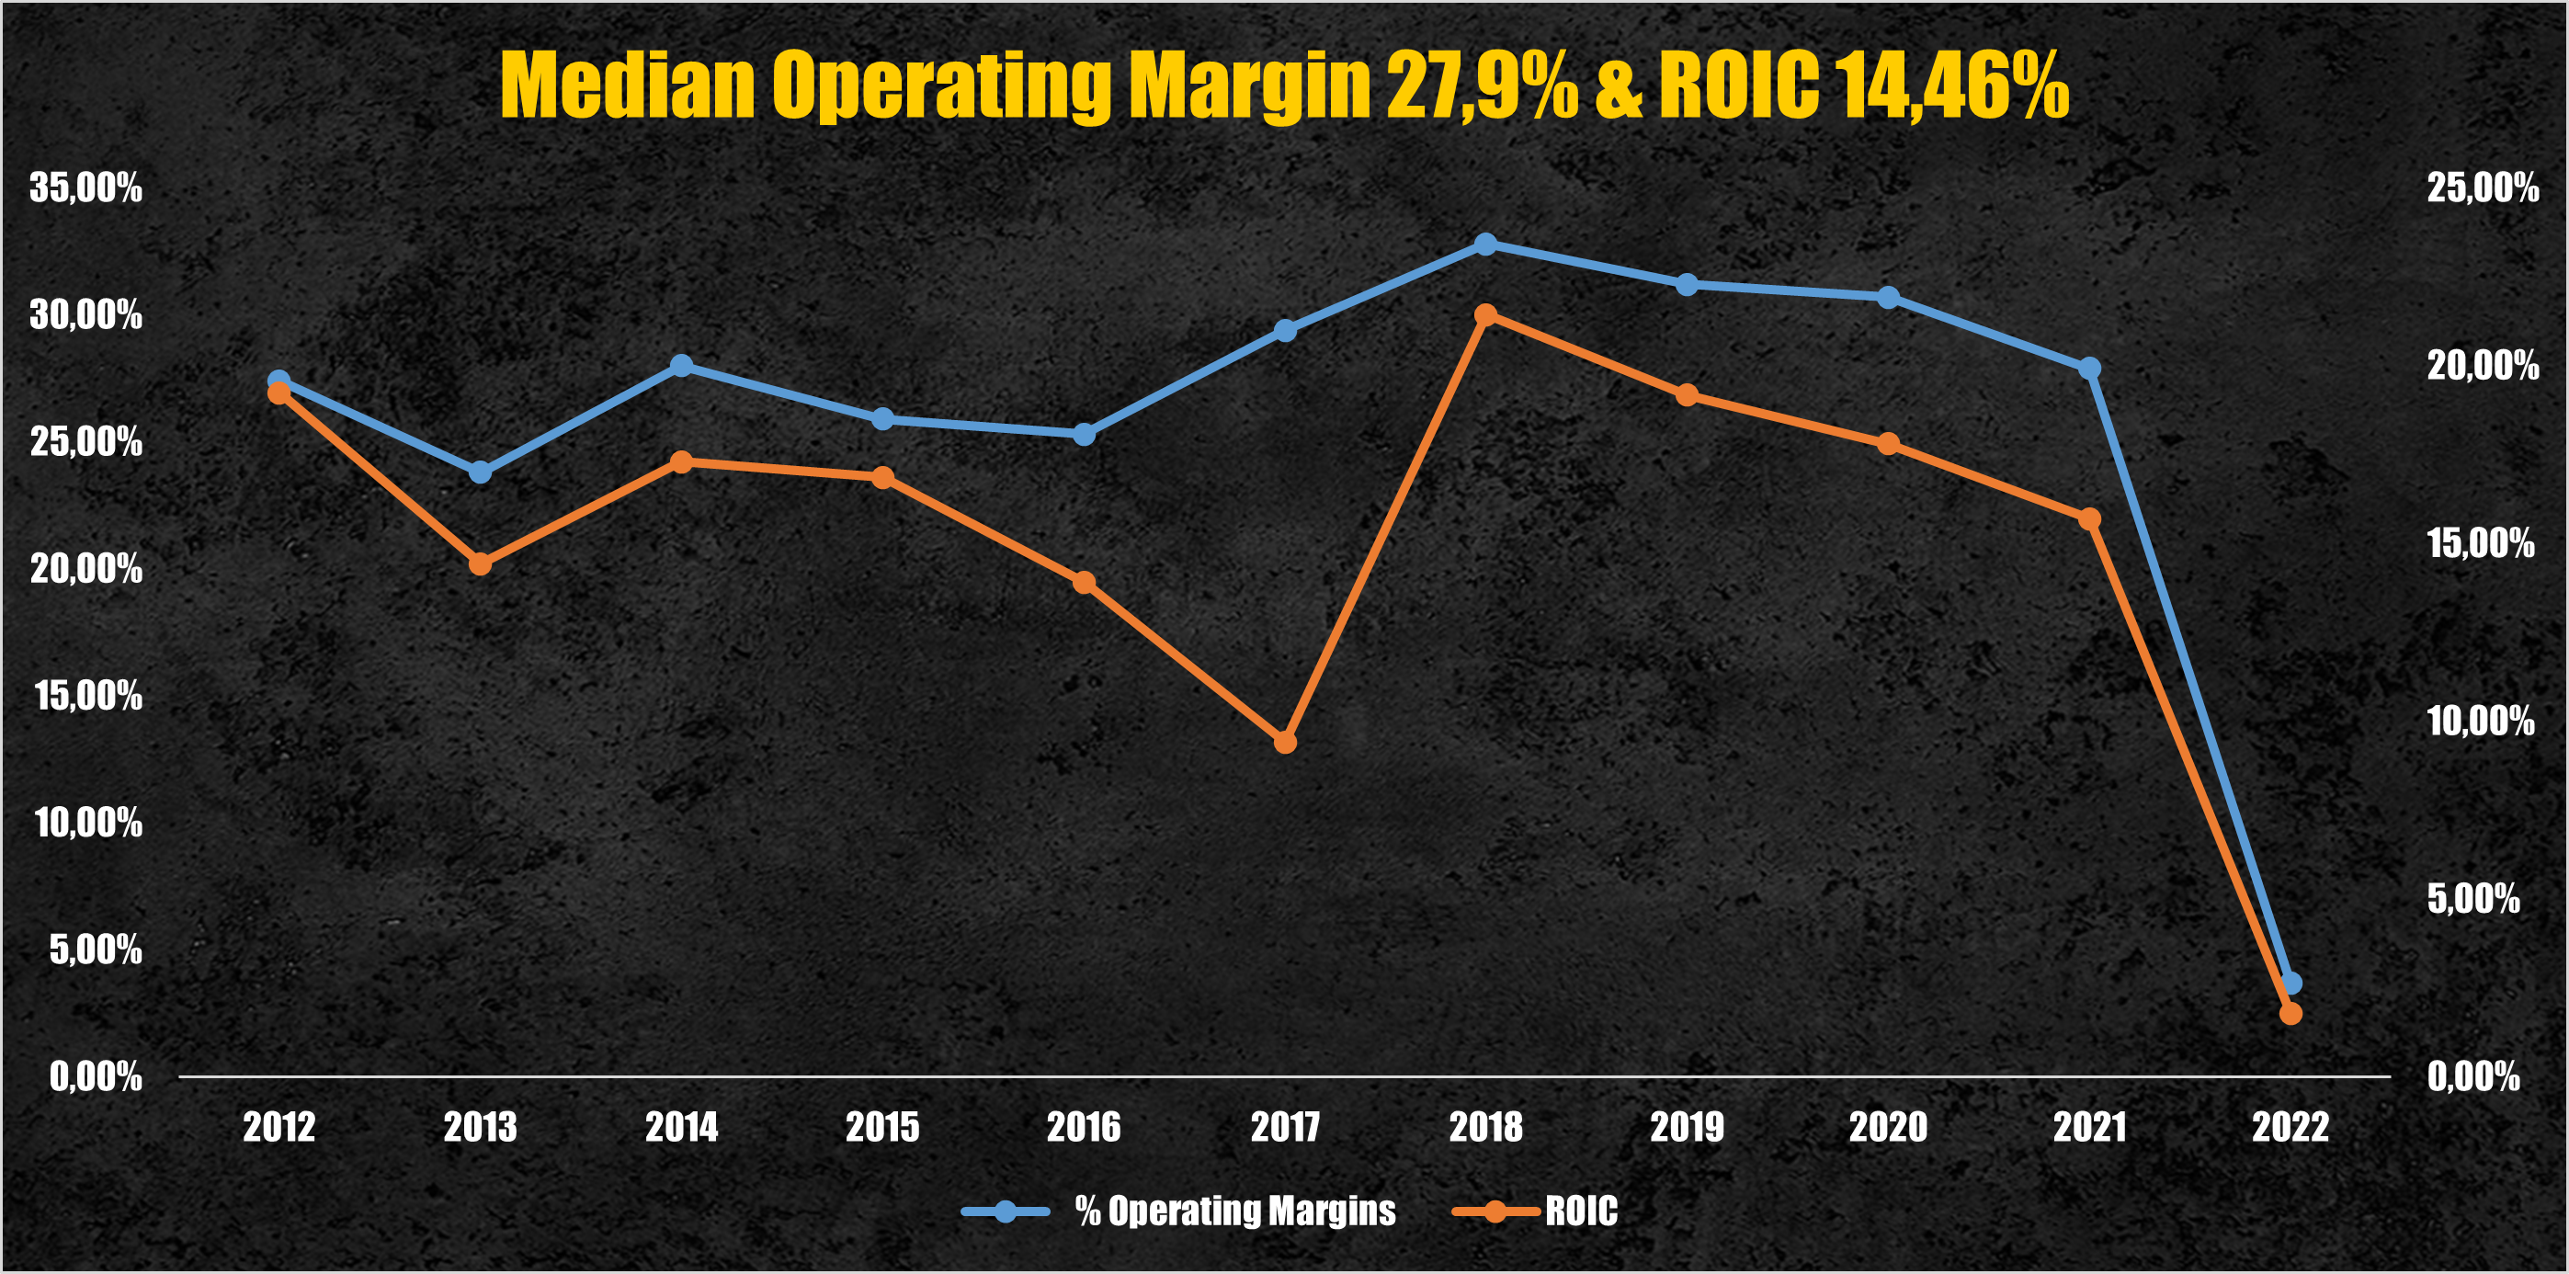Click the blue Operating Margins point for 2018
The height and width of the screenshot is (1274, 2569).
coord(1485,245)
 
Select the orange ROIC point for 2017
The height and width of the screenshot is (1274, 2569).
coord(1285,743)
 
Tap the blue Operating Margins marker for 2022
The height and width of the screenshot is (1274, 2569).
coord(2291,984)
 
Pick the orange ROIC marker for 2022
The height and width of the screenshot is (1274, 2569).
coord(2291,1014)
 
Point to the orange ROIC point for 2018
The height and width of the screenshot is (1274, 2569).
coord(1485,315)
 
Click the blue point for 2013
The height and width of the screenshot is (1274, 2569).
coord(480,472)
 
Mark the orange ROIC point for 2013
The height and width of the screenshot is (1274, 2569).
coord(480,564)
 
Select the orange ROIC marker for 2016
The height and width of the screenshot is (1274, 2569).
coord(1084,583)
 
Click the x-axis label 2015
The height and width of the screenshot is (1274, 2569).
coord(881,1127)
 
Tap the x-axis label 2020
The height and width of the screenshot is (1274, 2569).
coord(1887,1127)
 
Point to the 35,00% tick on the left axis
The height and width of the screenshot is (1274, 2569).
coord(85,188)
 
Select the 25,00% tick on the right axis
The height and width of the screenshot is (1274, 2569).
coord(2483,188)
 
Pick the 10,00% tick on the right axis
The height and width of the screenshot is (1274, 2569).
coord(2480,722)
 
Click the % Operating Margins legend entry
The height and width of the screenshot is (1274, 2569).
coord(1234,1211)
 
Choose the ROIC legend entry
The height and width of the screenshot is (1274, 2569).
coord(1581,1211)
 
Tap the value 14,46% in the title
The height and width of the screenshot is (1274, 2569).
coord(1951,85)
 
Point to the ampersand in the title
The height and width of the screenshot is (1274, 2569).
coord(1618,85)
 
